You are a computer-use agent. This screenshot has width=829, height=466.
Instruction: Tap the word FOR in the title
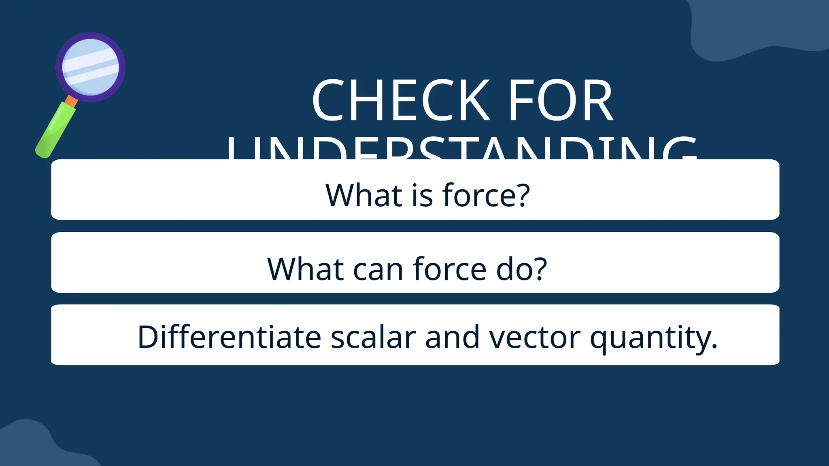561,100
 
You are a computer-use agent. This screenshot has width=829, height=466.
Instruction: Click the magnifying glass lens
91,67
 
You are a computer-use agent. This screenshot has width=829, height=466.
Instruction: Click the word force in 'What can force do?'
449,269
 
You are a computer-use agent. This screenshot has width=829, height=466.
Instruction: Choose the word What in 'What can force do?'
306,269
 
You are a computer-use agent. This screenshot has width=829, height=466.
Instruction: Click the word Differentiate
230,337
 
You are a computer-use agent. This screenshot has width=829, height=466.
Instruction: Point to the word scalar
373,337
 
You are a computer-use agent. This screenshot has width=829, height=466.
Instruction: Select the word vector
535,337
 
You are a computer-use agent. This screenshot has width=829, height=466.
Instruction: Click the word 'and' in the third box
452,337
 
